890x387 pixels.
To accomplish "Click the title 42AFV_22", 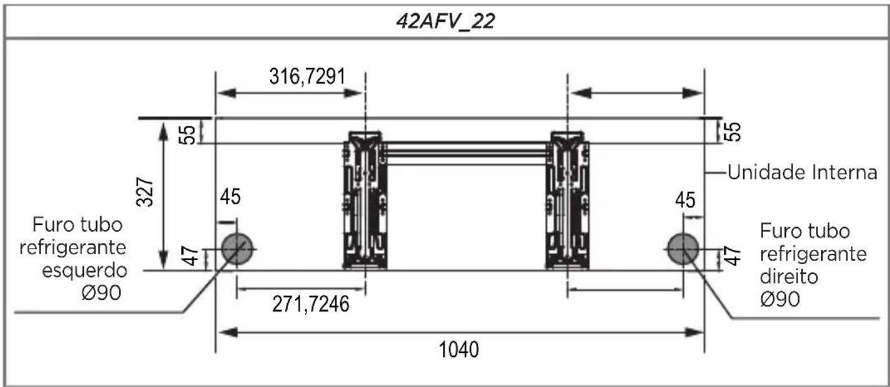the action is click(x=445, y=21).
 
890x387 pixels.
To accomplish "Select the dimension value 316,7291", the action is click(x=307, y=77).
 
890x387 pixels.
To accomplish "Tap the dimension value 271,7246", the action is click(x=311, y=304).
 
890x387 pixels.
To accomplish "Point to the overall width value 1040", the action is click(x=459, y=350).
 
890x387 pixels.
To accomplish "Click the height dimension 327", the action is click(x=144, y=192).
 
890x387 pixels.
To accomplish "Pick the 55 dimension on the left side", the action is click(x=187, y=135).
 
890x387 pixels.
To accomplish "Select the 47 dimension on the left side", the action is click(x=191, y=256).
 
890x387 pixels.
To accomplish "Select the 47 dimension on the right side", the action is click(x=733, y=256).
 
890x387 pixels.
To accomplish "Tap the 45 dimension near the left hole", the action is click(x=230, y=197).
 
